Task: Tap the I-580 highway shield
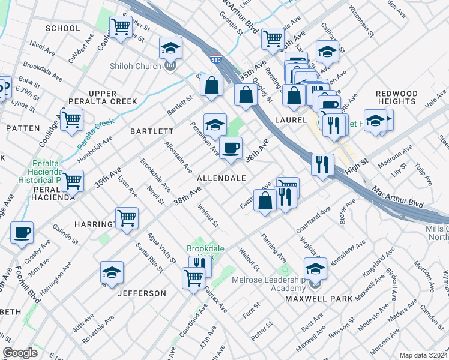coord(215,59)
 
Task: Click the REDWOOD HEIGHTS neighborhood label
coord(397,97)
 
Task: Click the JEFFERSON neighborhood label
coord(142,293)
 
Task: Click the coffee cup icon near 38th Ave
coord(231,148)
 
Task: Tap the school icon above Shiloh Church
coord(170,47)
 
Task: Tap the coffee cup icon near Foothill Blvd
coord(22,233)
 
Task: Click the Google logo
coord(20,353)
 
